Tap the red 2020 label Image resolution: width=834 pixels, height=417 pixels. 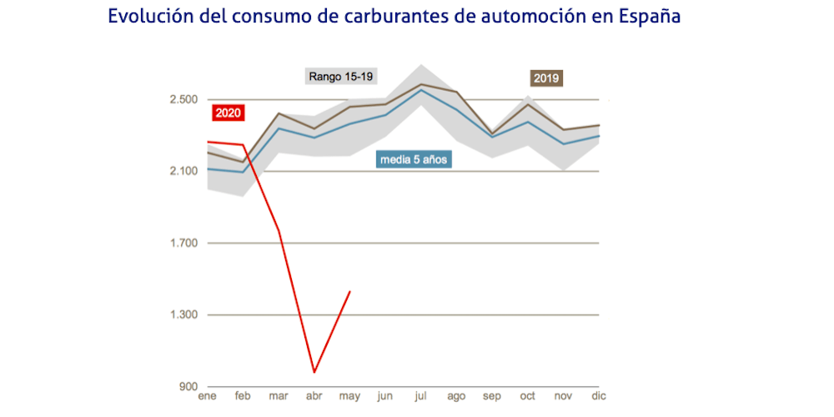click(x=228, y=113)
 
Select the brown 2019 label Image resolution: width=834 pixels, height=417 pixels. click(x=546, y=78)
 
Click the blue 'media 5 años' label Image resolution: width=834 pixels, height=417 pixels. click(x=414, y=158)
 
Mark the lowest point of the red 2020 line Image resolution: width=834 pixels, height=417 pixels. click(x=314, y=372)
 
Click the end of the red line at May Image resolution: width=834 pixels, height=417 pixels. click(x=349, y=291)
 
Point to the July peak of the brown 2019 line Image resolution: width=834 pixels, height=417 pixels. click(x=421, y=84)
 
